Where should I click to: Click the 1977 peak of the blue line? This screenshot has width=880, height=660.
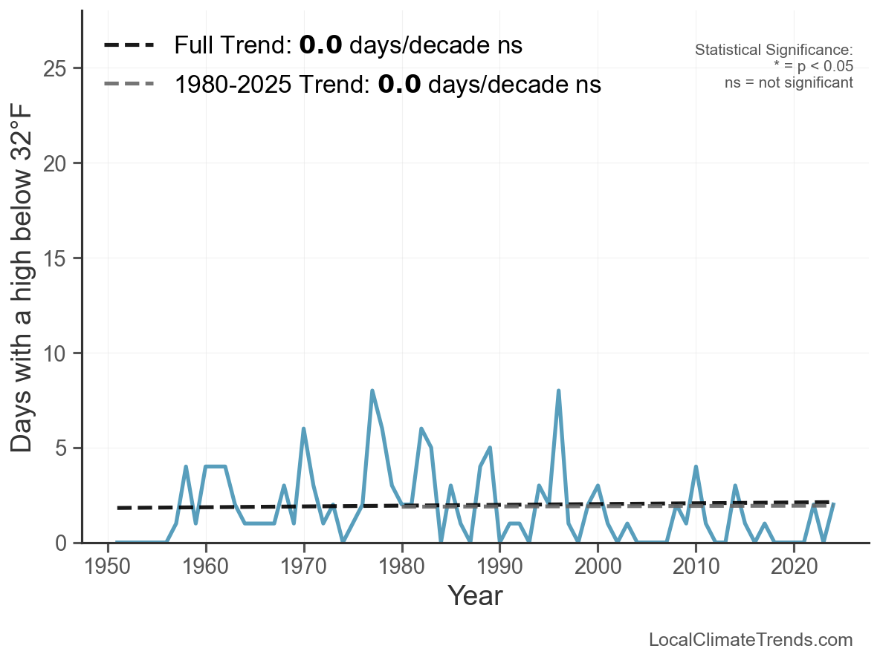pyautogui.click(x=372, y=391)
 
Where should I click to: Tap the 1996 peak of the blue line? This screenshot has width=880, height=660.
pyautogui.click(x=558, y=391)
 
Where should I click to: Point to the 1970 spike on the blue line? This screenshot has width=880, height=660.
pyautogui.click(x=303, y=428)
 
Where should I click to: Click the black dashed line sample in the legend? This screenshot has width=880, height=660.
pyautogui.click(x=129, y=45)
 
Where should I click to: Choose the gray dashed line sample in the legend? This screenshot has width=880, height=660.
pyautogui.click(x=129, y=84)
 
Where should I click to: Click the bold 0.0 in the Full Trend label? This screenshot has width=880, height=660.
pyautogui.click(x=320, y=45)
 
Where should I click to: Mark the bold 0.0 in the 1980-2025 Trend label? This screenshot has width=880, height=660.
pyautogui.click(x=399, y=84)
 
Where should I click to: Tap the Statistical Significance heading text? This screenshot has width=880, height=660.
pyautogui.click(x=774, y=50)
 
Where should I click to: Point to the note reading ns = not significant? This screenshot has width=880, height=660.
pyautogui.click(x=789, y=82)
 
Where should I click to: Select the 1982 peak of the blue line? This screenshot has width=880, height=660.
pyautogui.click(x=421, y=428)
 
